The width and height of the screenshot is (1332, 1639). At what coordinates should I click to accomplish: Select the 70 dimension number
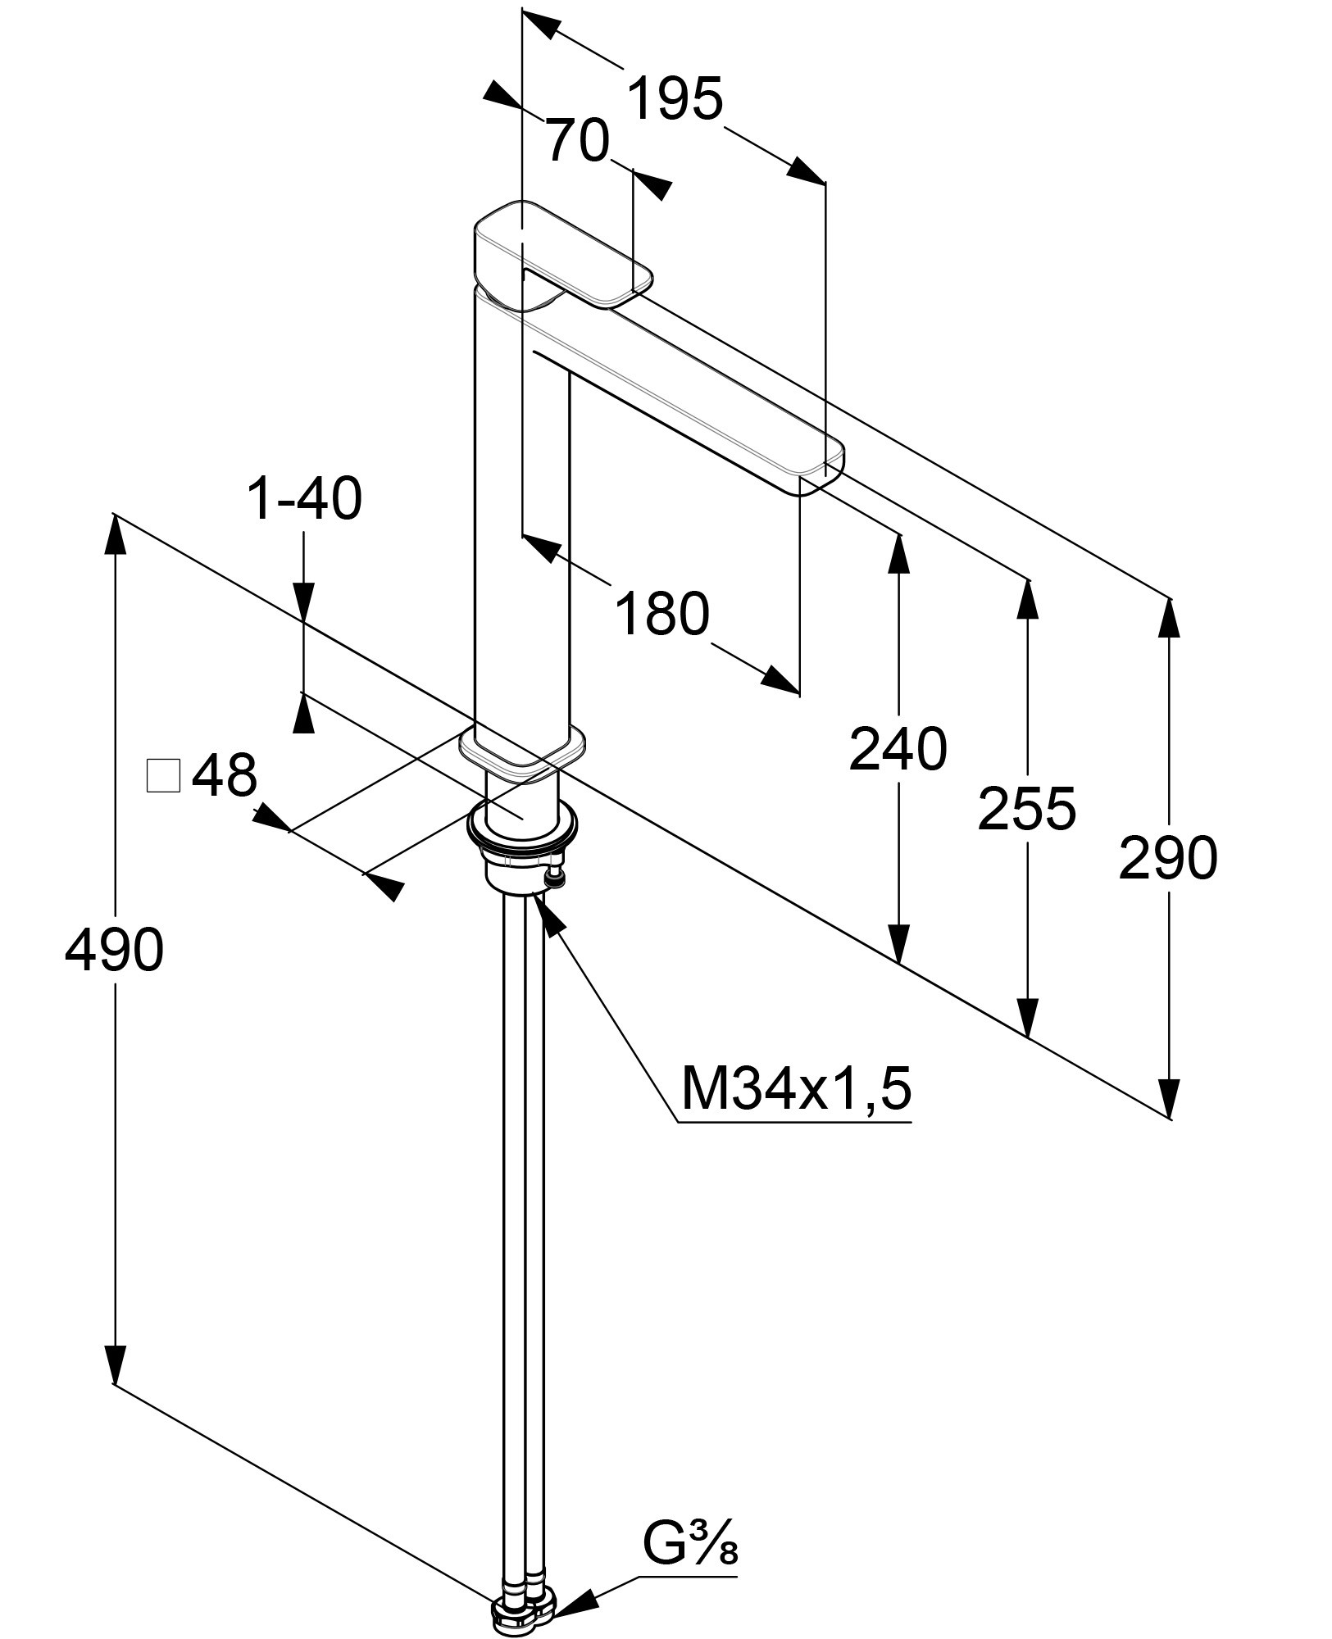tap(579, 140)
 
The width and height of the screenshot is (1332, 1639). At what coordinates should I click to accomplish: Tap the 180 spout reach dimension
tap(662, 614)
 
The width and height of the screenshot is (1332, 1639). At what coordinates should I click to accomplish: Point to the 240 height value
tap(898, 749)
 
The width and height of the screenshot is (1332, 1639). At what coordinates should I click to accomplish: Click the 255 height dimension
tap(1026, 808)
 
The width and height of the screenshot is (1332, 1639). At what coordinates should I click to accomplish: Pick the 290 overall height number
tap(1168, 859)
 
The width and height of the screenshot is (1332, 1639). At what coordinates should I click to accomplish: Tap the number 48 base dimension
tap(224, 775)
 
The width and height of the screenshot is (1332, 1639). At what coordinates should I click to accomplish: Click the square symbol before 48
tap(163, 775)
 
